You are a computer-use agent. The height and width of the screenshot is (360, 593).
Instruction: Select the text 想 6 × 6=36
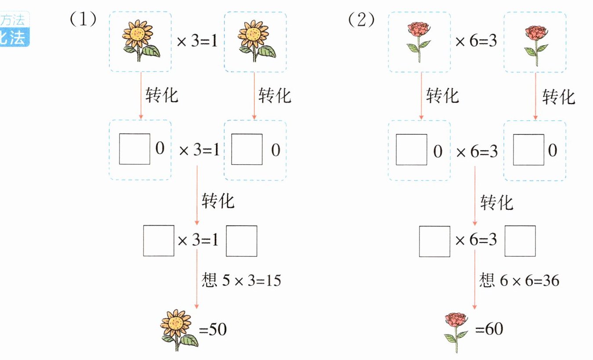(519, 280)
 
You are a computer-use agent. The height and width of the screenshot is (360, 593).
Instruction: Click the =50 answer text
(213, 329)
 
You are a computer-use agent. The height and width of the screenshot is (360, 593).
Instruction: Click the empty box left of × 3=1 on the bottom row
(158, 241)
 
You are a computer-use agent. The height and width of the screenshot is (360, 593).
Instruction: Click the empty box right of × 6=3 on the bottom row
(520, 241)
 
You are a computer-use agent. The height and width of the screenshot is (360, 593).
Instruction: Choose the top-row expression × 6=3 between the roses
(476, 42)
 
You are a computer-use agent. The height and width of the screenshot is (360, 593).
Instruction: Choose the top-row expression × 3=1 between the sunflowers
(197, 42)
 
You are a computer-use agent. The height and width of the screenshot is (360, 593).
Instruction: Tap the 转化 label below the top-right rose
(558, 96)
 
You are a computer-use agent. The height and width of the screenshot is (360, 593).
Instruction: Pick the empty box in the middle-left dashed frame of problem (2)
(412, 150)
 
